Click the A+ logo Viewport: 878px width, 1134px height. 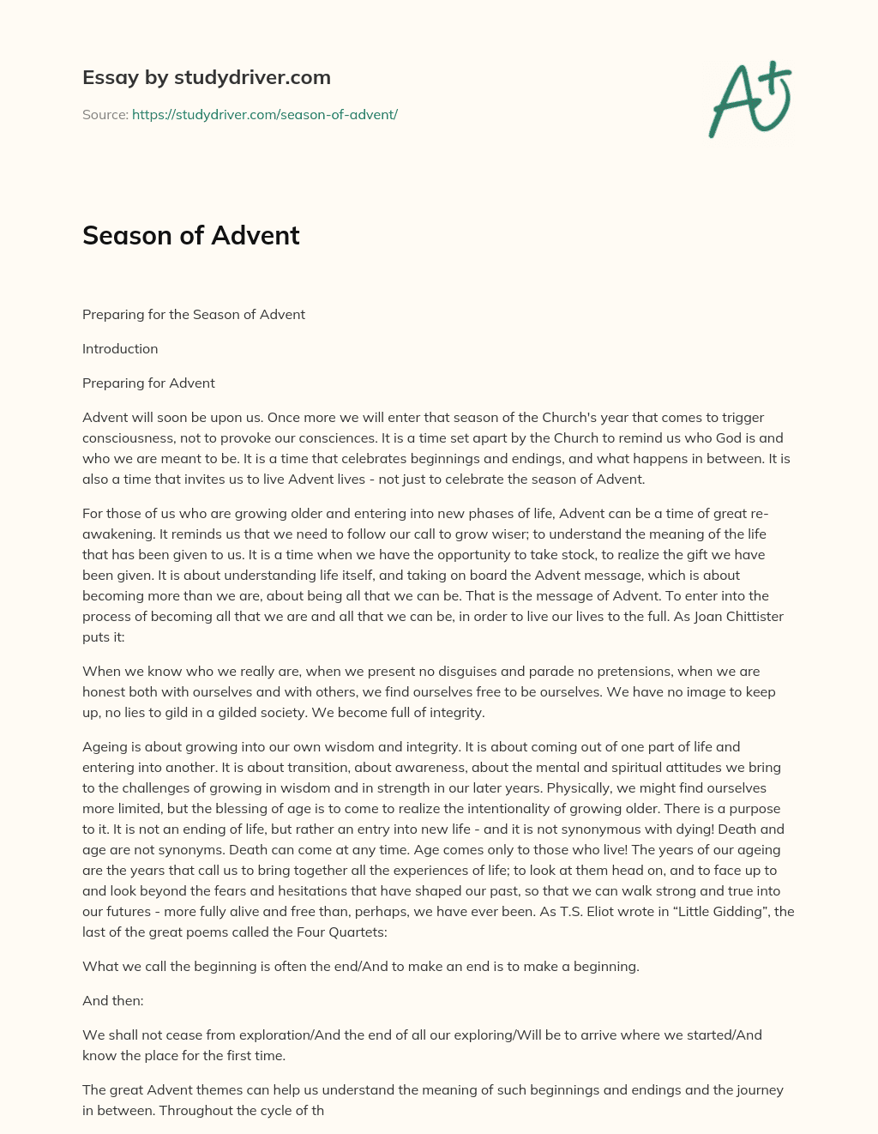pyautogui.click(x=750, y=99)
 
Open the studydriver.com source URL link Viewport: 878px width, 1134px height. pyautogui.click(x=264, y=114)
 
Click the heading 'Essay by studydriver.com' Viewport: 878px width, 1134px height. pyautogui.click(x=206, y=77)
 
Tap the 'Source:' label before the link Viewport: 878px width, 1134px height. pyautogui.click(x=105, y=114)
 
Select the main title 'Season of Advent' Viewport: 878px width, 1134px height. pyautogui.click(x=190, y=235)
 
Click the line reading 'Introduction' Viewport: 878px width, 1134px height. pyautogui.click(x=120, y=348)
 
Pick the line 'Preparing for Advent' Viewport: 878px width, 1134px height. pyautogui.click(x=148, y=383)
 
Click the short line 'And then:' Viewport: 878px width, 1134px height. pyautogui.click(x=112, y=1000)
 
